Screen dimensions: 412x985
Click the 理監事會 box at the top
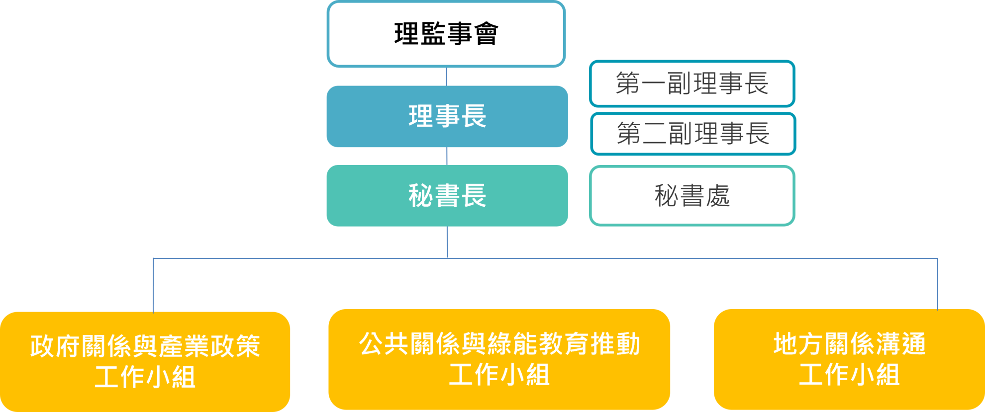coord(446,34)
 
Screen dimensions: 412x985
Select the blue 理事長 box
coord(447,116)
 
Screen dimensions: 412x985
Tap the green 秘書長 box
coord(447,195)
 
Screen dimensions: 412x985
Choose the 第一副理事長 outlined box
coord(691,83)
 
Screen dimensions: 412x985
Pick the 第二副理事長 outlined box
coord(692,134)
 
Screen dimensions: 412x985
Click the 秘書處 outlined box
coord(691,195)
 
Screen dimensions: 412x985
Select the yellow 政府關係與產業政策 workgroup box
coord(145,361)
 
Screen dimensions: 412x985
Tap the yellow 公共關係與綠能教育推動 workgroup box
coord(499,359)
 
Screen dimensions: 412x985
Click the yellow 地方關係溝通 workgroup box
coord(849,359)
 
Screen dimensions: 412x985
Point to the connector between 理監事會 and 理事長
coord(446,76)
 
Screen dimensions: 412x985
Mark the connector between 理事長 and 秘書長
coord(447,156)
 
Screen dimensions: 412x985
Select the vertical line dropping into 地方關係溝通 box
coord(937,283)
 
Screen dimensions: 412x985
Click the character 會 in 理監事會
coord(486,34)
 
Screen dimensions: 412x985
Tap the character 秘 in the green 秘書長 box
coord(420,195)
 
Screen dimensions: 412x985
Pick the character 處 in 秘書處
coord(718,195)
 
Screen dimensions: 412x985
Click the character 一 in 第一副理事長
coord(653,83)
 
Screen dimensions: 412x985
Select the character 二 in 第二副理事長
coord(655,134)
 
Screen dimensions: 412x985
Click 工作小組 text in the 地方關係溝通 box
coord(849,374)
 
